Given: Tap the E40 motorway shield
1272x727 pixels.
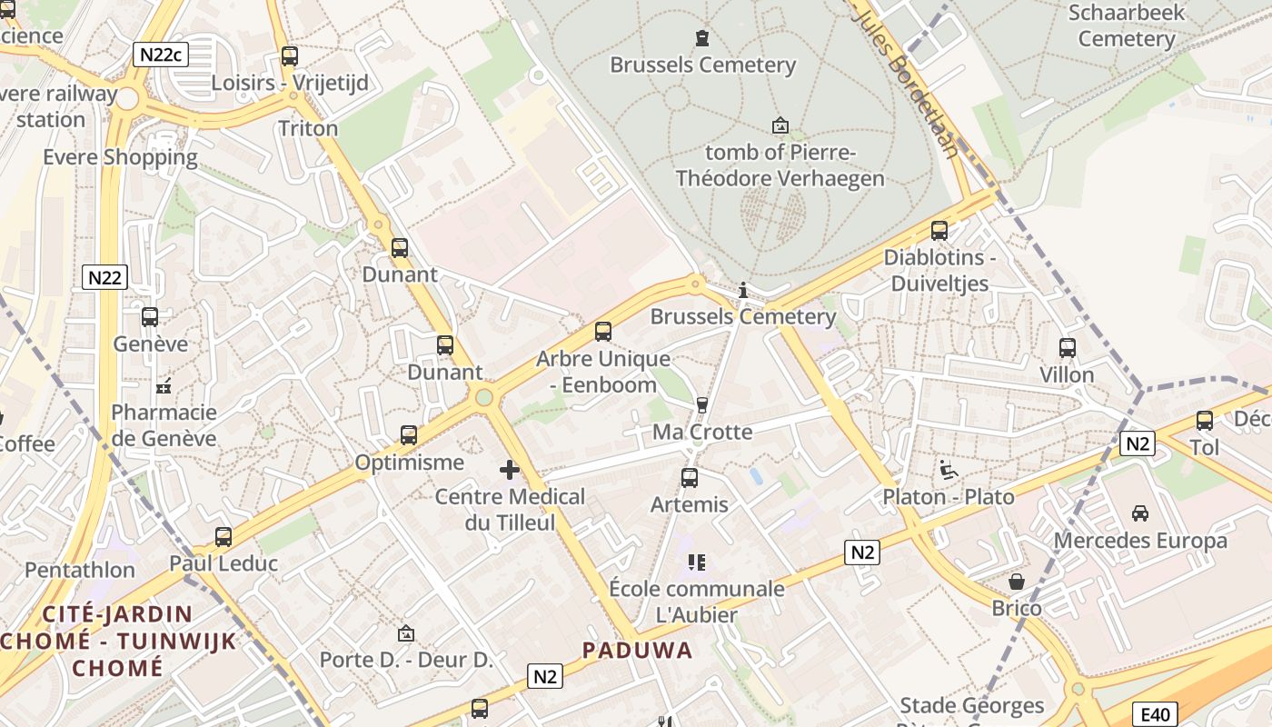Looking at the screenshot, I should point(1156,714).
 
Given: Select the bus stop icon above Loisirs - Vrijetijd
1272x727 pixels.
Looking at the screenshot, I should point(290,56).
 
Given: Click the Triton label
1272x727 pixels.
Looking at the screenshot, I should point(308,128).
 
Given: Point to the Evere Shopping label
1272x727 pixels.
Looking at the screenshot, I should point(120,157).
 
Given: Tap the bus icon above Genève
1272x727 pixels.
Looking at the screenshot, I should point(150,317).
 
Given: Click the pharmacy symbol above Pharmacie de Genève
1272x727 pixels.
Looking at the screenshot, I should point(164,386).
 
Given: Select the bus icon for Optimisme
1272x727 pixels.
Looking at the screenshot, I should point(409,435).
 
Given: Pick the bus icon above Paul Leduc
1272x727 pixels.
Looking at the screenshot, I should point(224,537).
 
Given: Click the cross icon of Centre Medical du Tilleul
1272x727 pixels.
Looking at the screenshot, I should point(510,470).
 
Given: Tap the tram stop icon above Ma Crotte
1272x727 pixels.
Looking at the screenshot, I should point(701,405).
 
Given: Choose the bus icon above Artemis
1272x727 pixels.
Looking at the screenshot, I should point(690,478).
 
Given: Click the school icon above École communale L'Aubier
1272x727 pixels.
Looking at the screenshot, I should point(697,563).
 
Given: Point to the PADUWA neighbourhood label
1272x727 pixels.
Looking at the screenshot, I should point(637,651).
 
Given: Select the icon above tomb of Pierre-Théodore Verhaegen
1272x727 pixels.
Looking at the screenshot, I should point(780,125).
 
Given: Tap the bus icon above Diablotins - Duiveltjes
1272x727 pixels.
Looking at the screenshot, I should point(939,231).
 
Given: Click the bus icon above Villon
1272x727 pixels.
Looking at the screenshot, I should point(1068,347).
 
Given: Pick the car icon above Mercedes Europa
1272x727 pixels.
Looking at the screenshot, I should point(1140,513).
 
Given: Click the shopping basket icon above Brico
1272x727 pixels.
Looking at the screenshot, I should point(1017,582).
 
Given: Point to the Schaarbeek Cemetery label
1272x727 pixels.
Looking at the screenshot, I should point(1127,25).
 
